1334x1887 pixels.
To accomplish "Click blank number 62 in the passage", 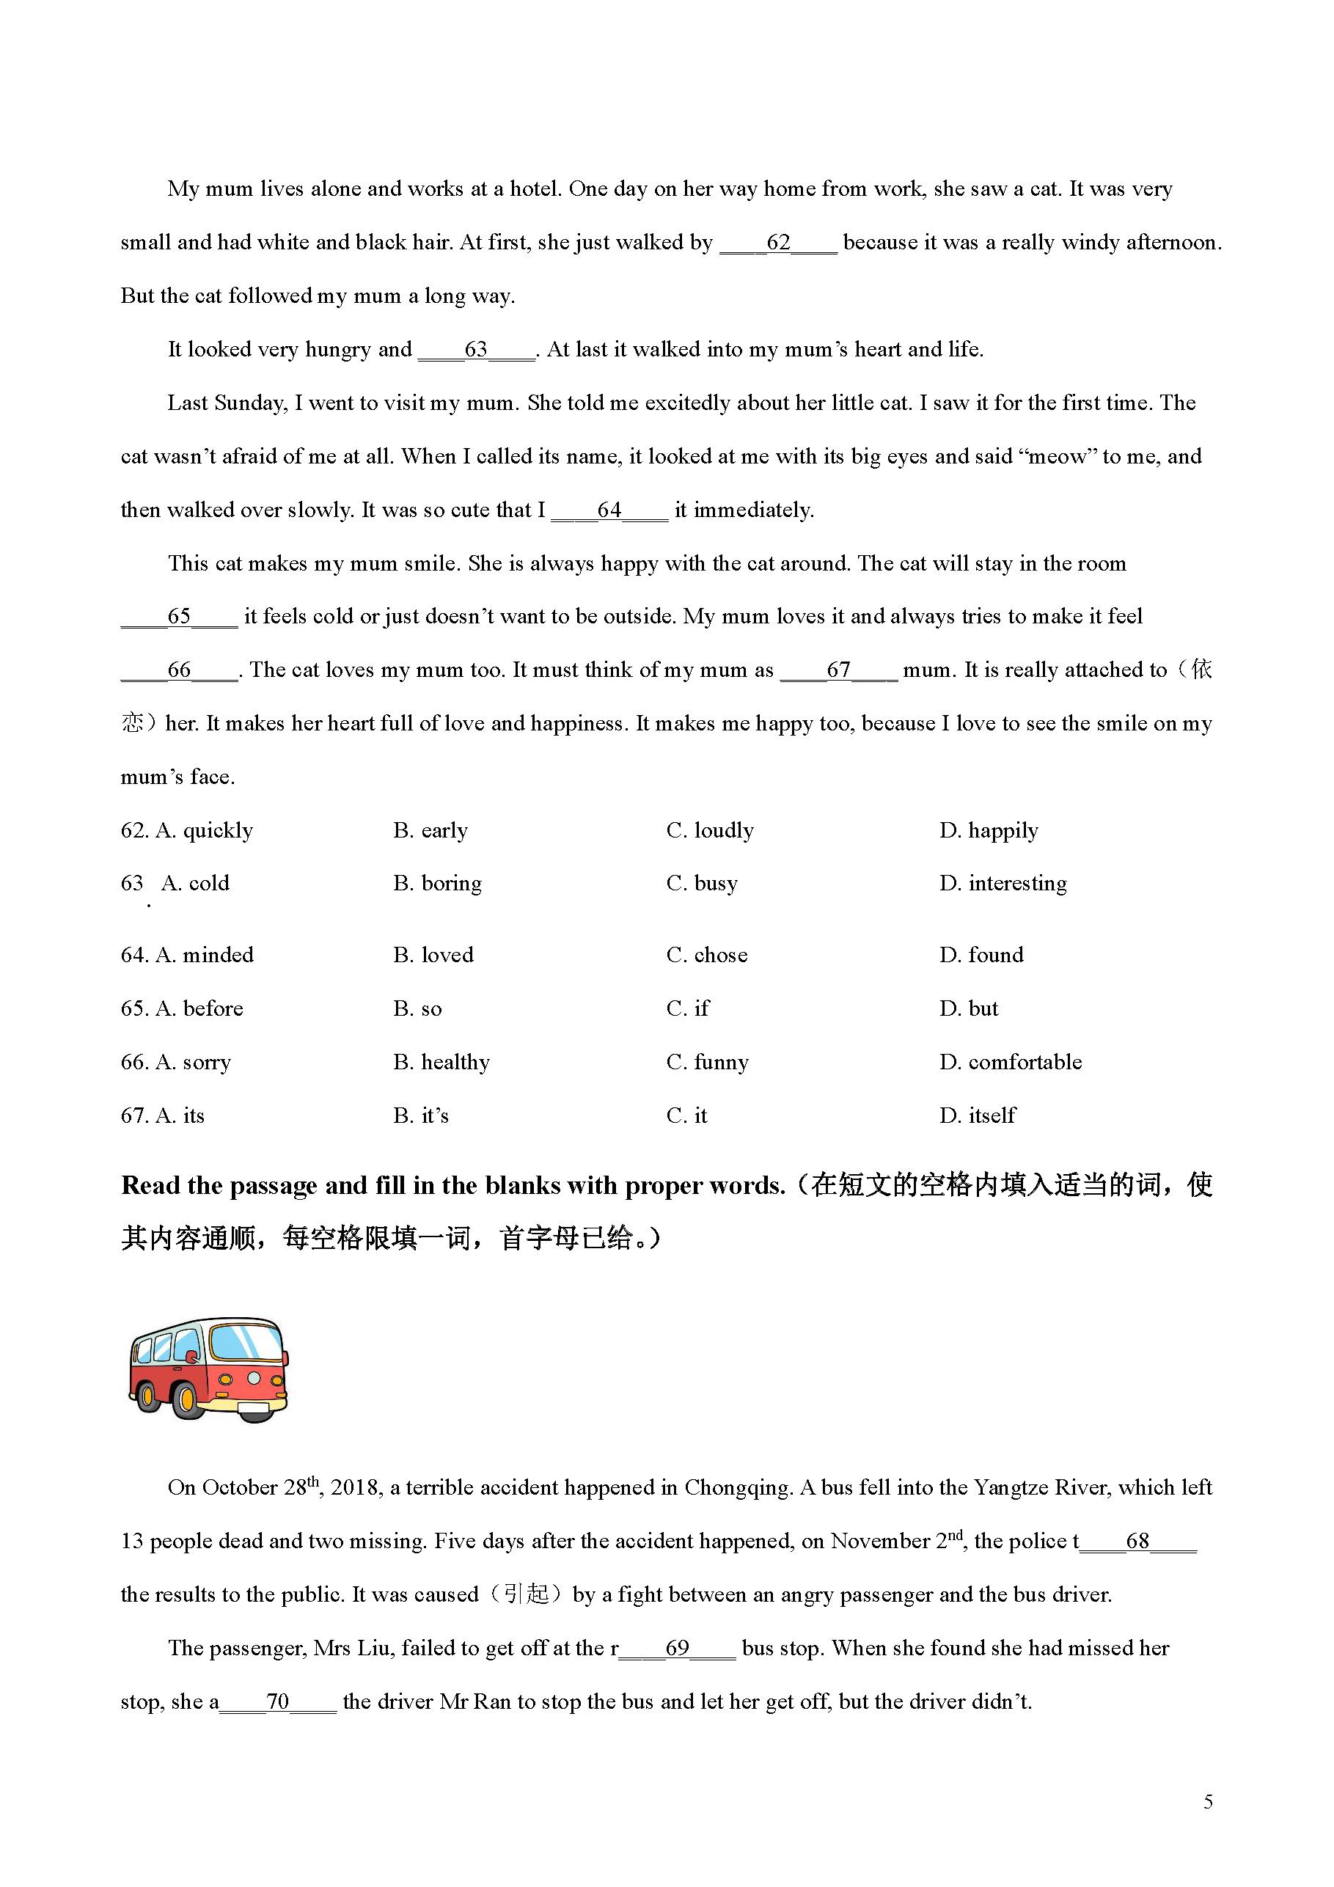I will coord(777,243).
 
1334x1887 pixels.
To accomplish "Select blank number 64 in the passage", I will coord(609,510).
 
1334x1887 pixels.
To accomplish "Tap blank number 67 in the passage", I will coord(838,670).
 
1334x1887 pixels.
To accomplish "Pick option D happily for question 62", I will coord(989,830).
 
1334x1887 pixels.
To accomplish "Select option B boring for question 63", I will coord(437,884).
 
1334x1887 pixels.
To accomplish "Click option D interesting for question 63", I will coord(1003,884).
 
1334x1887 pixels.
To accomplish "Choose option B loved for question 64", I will coord(433,955).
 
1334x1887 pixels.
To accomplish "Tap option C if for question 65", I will coord(688,1008).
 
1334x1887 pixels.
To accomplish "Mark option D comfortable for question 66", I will coord(1011,1062).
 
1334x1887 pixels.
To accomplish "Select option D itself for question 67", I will coord(978,1115).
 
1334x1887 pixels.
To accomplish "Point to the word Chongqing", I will coord(736,1487).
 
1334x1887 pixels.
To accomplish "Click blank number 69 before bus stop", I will coord(676,1648).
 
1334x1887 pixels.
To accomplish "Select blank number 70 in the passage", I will coord(278,1701).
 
